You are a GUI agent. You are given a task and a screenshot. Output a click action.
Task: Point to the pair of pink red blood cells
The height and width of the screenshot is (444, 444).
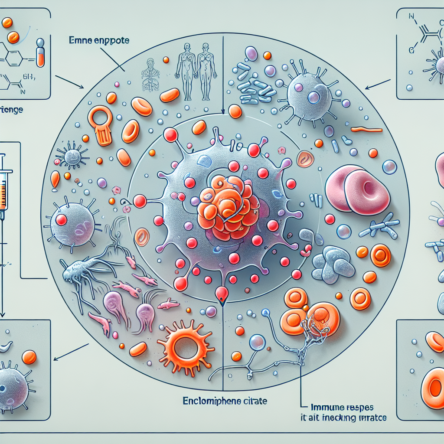[357, 189]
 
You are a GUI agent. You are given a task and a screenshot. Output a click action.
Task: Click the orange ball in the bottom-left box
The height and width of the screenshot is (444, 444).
[29, 357]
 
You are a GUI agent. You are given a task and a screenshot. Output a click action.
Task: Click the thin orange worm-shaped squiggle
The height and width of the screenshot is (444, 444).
[366, 129]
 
